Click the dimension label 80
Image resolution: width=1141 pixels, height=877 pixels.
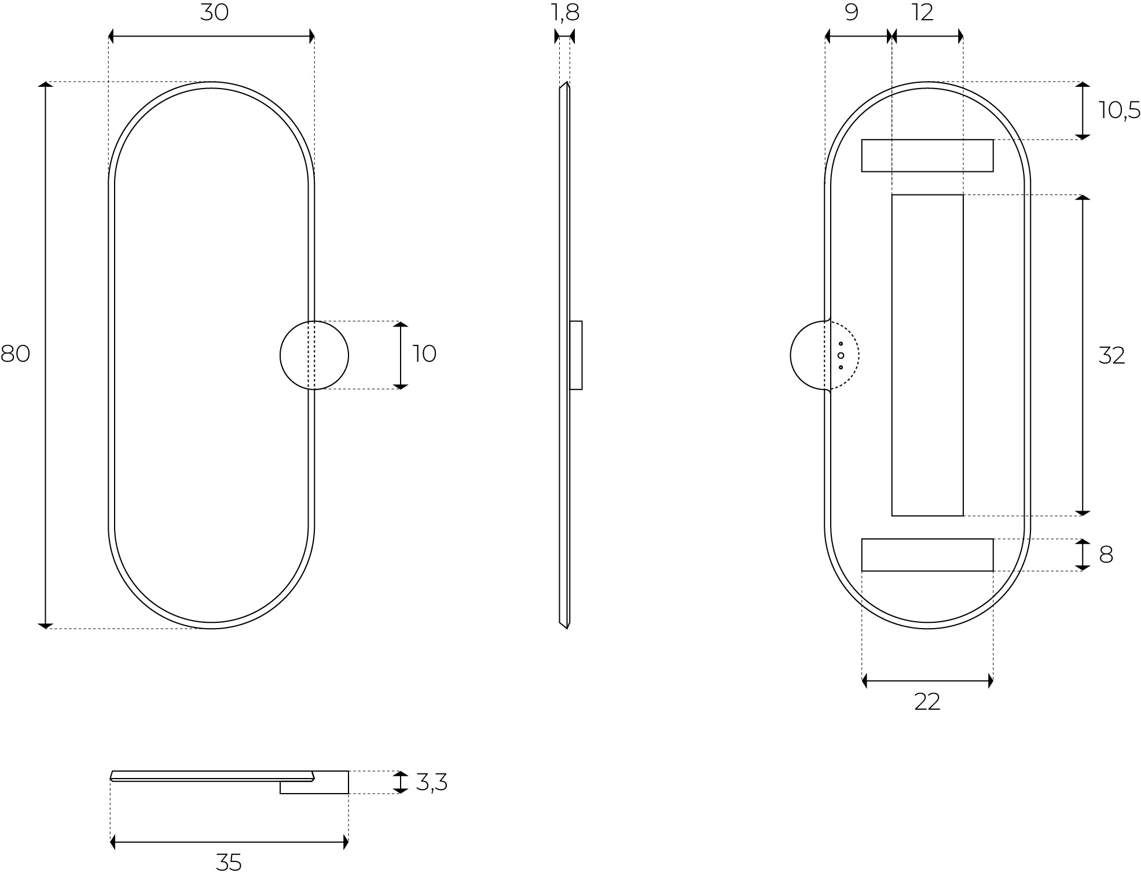tap(15, 354)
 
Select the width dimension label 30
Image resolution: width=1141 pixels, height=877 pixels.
tap(214, 13)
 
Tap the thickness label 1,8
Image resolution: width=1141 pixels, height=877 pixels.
tap(566, 13)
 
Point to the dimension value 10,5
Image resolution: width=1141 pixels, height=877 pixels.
tap(1119, 110)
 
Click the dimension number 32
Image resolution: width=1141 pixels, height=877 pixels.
tap(1111, 355)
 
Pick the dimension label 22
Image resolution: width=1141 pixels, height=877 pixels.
tap(927, 702)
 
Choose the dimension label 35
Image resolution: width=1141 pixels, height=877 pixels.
tap(229, 863)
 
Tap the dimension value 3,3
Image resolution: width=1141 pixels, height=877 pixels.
tap(431, 783)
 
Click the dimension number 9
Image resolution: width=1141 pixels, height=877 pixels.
tap(852, 13)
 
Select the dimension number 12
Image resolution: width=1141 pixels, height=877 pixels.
tap(923, 13)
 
